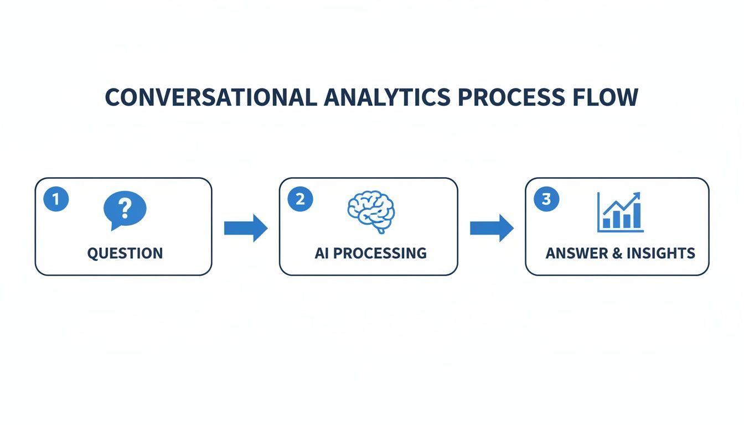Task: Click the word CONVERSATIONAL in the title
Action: click(x=211, y=97)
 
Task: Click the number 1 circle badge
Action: click(x=55, y=199)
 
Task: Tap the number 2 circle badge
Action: click(x=300, y=199)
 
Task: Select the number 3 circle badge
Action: click(x=546, y=199)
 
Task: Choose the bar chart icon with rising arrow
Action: click(x=620, y=212)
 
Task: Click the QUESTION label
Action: click(x=125, y=253)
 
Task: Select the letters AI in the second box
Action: click(x=322, y=253)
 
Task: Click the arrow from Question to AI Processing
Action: click(x=245, y=228)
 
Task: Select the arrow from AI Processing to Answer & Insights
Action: click(x=492, y=228)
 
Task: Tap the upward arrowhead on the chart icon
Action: click(x=637, y=196)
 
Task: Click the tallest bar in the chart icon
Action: click(x=637, y=216)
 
